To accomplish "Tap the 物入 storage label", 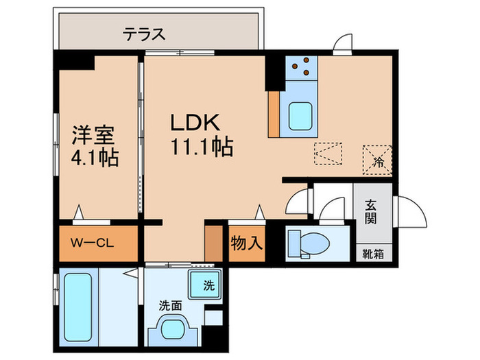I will (245, 243).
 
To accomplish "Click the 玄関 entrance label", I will (371, 213).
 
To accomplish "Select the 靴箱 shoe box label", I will (374, 253).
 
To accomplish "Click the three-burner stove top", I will (301, 67).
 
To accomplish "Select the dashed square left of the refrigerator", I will (328, 154).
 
